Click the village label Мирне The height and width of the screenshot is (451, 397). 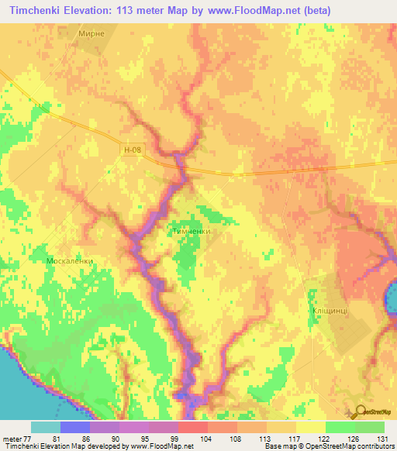click(92, 35)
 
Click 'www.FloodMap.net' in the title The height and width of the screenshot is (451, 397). click(249, 11)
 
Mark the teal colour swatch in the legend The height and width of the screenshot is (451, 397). click(45, 427)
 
